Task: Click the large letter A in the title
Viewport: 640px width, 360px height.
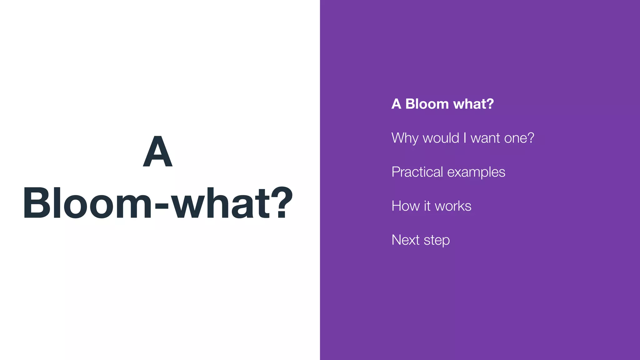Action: pyautogui.click(x=157, y=152)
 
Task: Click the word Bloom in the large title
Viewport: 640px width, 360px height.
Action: pyautogui.click(x=87, y=203)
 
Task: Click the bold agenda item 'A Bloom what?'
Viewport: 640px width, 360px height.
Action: pyautogui.click(x=442, y=104)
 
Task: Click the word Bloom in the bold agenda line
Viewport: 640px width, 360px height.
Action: pyautogui.click(x=427, y=104)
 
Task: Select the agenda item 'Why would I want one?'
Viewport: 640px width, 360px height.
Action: pyautogui.click(x=462, y=138)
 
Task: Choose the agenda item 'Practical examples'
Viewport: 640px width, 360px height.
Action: pyautogui.click(x=448, y=172)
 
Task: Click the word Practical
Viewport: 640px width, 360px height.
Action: pyautogui.click(x=417, y=172)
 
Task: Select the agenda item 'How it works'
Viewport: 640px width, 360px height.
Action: pyautogui.click(x=431, y=206)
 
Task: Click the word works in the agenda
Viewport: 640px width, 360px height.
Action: pyautogui.click(x=453, y=206)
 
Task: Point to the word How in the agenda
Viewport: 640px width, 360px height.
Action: pyautogui.click(x=405, y=206)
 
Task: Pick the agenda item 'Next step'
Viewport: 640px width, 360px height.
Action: pyautogui.click(x=420, y=240)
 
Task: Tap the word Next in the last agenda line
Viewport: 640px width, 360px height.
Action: pyautogui.click(x=405, y=240)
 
